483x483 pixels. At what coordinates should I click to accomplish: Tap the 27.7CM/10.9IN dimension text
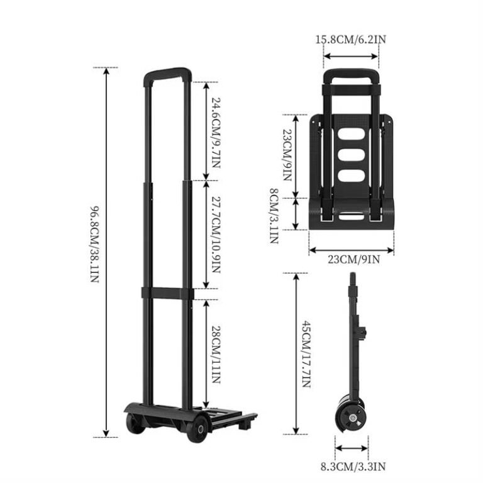[x=216, y=235]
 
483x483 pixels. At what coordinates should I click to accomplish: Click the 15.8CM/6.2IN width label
[x=351, y=40]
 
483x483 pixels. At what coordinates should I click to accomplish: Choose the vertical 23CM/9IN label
[x=287, y=155]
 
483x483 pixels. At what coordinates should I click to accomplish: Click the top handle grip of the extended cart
[x=167, y=72]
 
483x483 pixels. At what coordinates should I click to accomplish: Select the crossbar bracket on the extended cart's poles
[x=167, y=293]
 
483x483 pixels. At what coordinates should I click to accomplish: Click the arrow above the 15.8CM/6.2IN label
[x=351, y=55]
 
